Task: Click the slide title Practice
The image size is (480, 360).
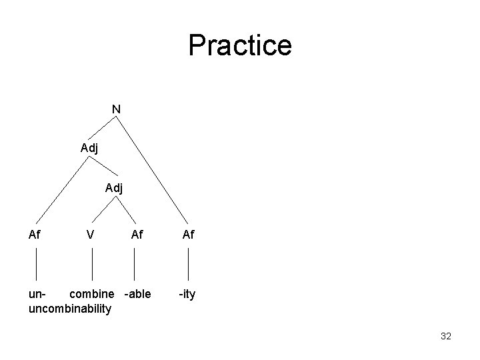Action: click(x=239, y=45)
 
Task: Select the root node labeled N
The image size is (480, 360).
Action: click(x=116, y=108)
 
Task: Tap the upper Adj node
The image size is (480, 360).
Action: click(x=89, y=148)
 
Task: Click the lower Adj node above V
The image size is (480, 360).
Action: click(x=114, y=188)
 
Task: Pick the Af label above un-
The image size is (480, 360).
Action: click(x=35, y=234)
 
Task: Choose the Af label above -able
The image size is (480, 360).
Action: click(x=137, y=234)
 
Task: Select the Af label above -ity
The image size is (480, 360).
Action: click(x=189, y=234)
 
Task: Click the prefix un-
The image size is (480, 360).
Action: click(x=37, y=294)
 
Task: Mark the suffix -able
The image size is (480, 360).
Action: click(x=137, y=294)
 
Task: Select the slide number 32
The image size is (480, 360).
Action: click(x=446, y=336)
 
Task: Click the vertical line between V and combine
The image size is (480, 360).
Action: click(x=91, y=263)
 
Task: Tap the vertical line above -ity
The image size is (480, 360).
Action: click(x=189, y=263)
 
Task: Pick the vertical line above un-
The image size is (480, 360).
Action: click(x=35, y=263)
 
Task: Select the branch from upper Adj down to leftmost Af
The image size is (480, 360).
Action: click(x=61, y=190)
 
